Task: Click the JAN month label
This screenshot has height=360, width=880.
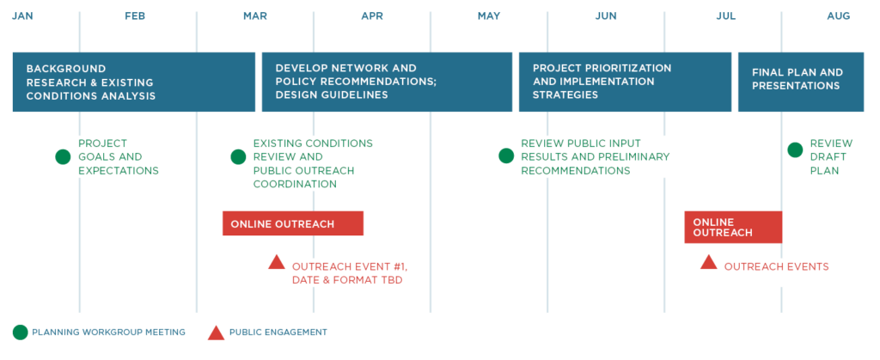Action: click(x=22, y=16)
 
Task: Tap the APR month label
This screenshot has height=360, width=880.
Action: click(x=372, y=16)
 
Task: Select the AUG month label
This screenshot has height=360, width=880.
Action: click(x=839, y=16)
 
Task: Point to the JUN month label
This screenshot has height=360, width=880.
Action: click(x=606, y=16)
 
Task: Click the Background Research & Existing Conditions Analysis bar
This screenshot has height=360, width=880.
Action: click(x=133, y=82)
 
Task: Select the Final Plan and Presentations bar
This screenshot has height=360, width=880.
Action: click(x=800, y=82)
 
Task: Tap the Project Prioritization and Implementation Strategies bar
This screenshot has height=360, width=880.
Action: click(x=625, y=82)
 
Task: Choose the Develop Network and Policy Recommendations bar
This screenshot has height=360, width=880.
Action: click(x=387, y=82)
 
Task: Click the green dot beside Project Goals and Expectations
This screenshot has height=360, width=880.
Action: click(x=63, y=157)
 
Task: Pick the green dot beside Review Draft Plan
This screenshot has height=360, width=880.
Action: click(x=795, y=150)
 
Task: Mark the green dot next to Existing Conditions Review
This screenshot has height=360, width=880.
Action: click(x=238, y=157)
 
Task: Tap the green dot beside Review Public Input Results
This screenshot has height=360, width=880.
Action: click(x=506, y=156)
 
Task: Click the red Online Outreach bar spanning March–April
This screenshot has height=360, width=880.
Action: click(x=293, y=223)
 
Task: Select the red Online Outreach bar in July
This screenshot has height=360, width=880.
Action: click(x=733, y=227)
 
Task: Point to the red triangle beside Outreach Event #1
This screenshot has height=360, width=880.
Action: click(x=277, y=262)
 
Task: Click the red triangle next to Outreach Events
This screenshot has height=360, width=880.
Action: click(x=709, y=262)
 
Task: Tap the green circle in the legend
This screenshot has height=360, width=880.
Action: click(x=21, y=333)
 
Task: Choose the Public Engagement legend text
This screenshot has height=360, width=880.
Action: click(x=278, y=333)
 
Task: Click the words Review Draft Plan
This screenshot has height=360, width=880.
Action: click(x=831, y=157)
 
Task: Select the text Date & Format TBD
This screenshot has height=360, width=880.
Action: click(x=347, y=280)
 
